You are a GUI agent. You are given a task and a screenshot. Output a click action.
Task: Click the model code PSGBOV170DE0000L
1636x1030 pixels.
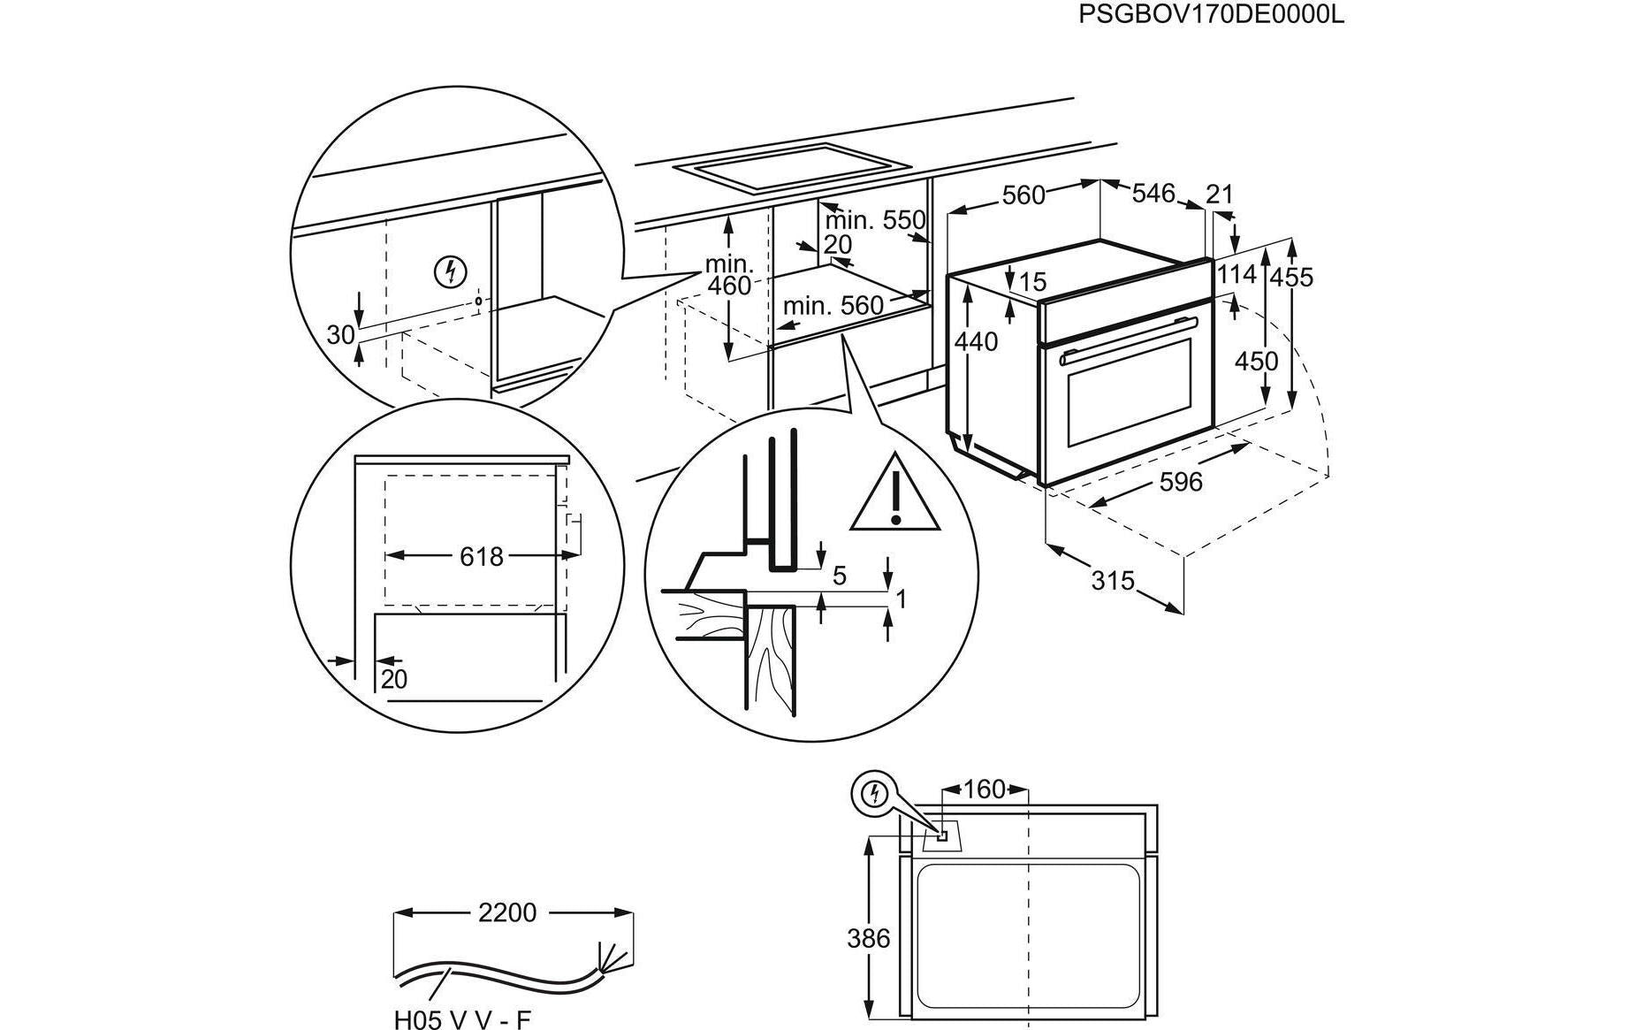tap(1211, 15)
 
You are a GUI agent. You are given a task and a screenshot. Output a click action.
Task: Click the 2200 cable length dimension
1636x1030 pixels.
tap(506, 912)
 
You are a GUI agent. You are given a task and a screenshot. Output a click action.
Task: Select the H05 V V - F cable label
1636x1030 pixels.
tap(462, 1019)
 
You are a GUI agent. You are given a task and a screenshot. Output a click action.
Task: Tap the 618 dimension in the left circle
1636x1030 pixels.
tap(481, 556)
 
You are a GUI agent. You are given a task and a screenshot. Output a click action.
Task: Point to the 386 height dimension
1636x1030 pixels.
tap(868, 937)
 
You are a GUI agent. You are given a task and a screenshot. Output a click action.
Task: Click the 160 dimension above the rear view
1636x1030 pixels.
tap(985, 788)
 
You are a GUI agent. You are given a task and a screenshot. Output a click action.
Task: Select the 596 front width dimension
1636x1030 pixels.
tap(1181, 481)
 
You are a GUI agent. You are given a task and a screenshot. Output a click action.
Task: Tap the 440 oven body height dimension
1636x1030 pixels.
tap(976, 340)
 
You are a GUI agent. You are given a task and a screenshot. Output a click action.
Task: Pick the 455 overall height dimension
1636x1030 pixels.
tap(1291, 277)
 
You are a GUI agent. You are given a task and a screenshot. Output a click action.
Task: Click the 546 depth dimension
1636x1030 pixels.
tap(1153, 193)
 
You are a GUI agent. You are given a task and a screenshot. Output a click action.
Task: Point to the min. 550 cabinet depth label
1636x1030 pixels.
tap(875, 220)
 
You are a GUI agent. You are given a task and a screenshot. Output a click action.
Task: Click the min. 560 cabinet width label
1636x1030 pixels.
tap(833, 306)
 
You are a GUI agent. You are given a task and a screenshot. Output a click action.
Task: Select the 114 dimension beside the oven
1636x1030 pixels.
tap(1236, 275)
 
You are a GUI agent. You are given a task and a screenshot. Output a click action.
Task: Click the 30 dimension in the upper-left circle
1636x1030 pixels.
tap(340, 334)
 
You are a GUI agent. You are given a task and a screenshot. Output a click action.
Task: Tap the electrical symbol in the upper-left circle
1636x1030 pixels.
tap(451, 271)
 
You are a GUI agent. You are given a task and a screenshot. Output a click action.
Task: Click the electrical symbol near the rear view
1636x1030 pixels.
tap(875, 794)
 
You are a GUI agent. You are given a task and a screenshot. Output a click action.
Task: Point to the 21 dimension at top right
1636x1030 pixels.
tap(1219, 194)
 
